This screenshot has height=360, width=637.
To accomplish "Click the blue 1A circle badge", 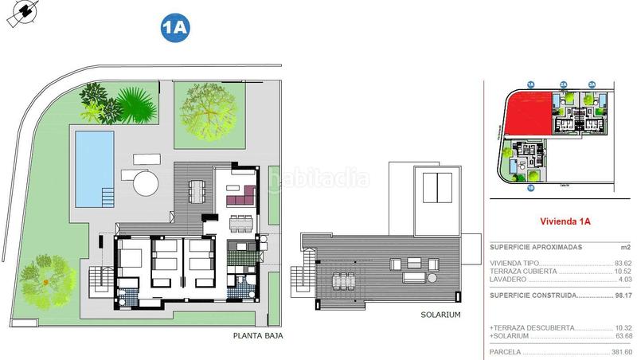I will point(174,27).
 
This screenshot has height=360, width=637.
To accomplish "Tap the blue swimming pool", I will point(94,168).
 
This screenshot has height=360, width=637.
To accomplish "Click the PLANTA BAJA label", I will point(257,336).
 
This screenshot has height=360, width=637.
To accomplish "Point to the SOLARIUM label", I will point(440,315).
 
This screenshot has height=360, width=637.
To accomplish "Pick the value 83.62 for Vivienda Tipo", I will point(623,263).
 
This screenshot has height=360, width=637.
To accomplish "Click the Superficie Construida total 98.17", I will point(623,295).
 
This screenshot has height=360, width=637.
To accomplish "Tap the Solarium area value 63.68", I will point(623,335).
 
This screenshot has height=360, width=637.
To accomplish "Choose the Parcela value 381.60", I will point(620,351).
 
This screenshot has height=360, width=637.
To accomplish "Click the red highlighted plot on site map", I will point(526,112).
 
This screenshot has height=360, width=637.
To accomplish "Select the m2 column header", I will point(626,248).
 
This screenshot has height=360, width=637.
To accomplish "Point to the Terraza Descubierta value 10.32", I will point(623,328).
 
